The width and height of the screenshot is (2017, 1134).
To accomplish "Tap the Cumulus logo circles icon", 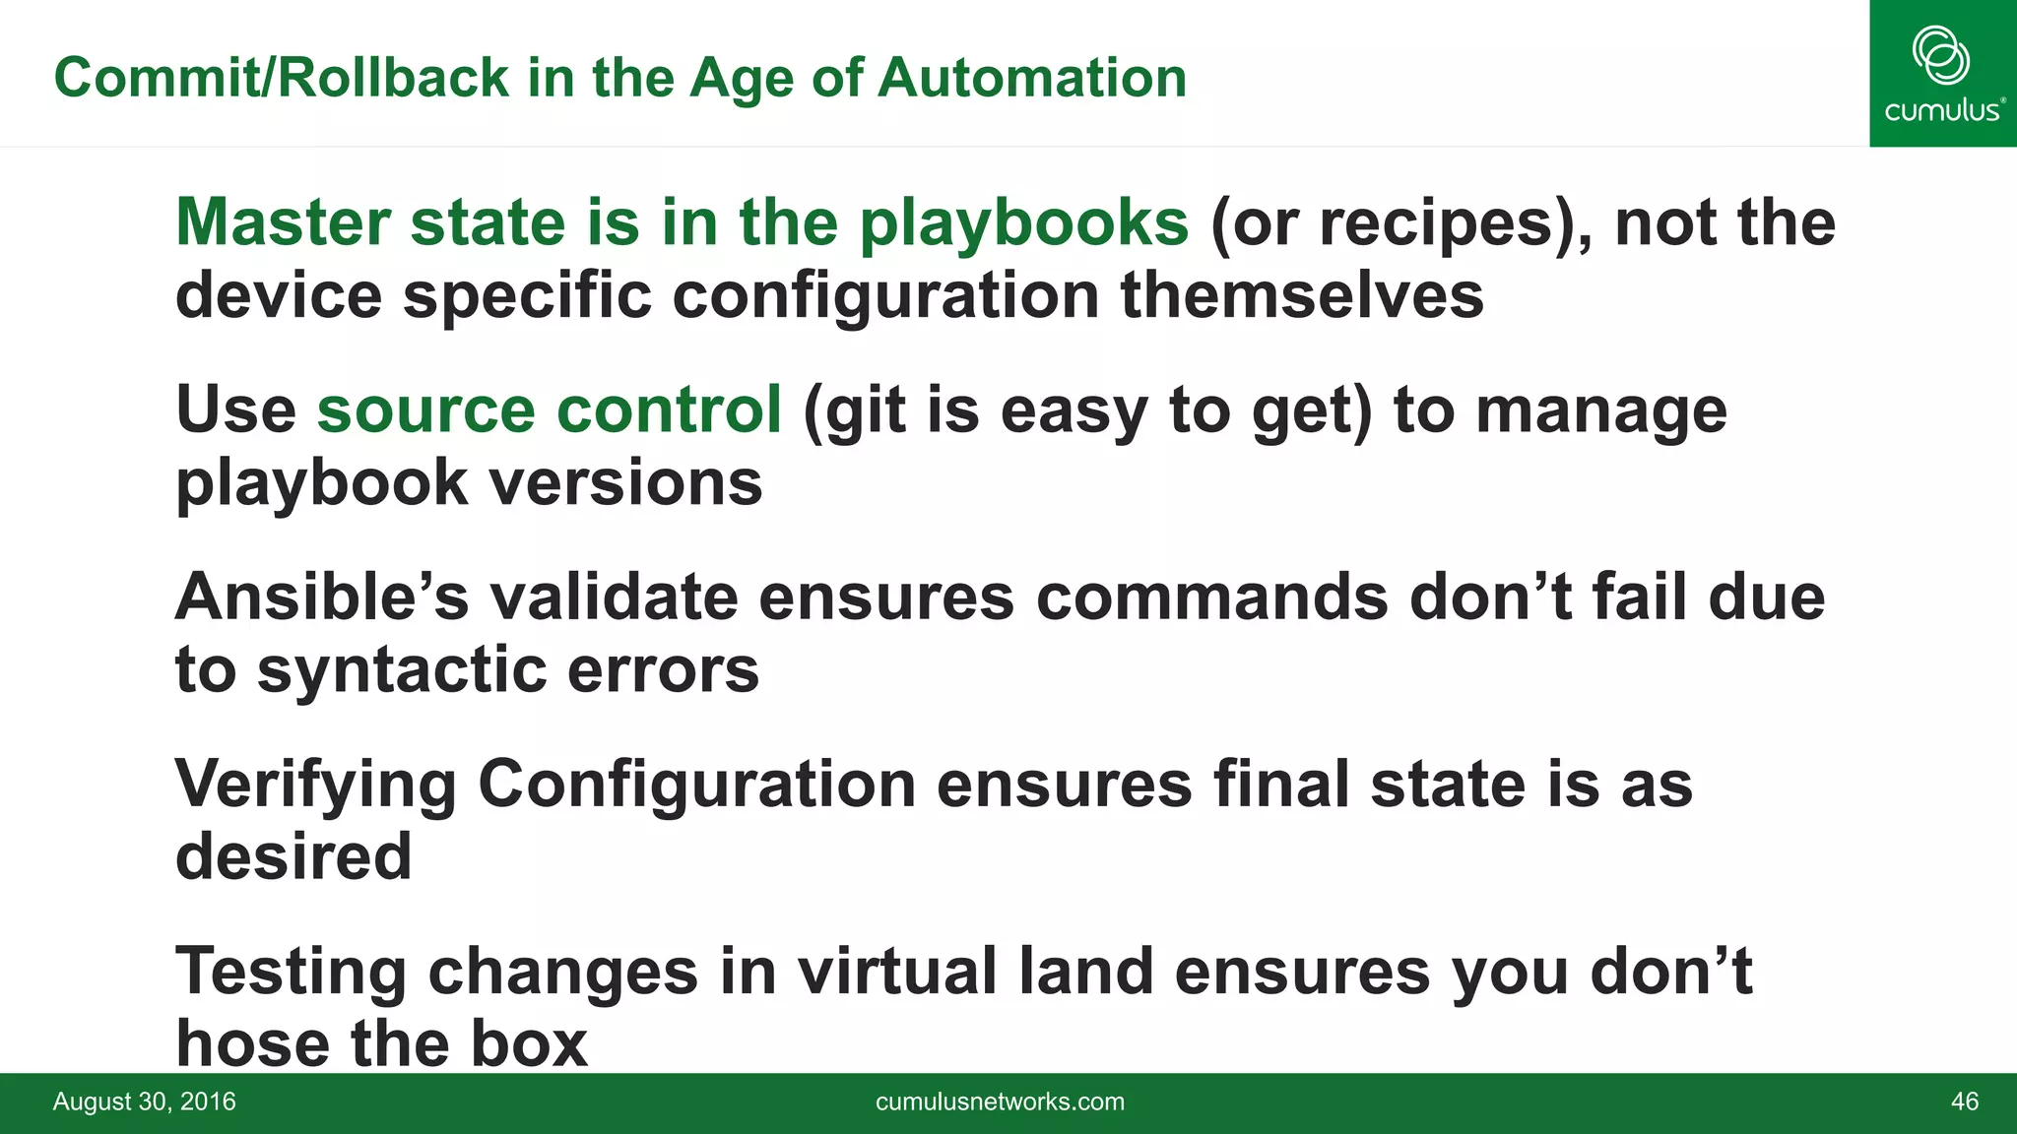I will (1940, 55).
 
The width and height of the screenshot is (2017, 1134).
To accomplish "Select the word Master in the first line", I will (282, 222).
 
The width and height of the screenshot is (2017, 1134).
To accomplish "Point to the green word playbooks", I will (1024, 222).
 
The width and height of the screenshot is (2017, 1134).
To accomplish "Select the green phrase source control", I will (549, 409).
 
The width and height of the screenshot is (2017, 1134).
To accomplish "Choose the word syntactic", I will (401, 669).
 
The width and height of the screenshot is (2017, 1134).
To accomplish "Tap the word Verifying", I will (315, 784).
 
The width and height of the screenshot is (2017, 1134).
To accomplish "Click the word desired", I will (293, 856).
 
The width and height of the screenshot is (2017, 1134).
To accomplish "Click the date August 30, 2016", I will (145, 1102).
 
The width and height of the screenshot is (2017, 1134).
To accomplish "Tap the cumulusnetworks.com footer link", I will (1000, 1102).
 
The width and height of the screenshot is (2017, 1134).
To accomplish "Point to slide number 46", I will (1964, 1102).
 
